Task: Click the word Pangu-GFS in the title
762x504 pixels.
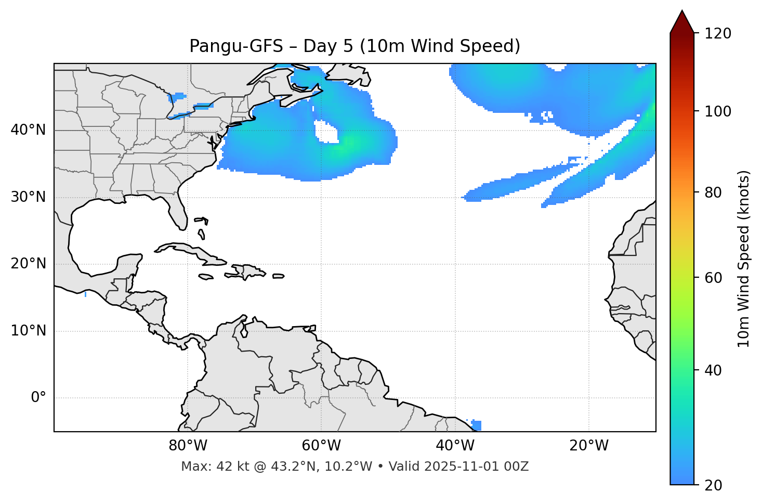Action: [236, 46]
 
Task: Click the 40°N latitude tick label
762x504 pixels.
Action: [28, 130]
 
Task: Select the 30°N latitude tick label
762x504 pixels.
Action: [28, 197]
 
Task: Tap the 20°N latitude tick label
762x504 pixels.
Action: [28, 264]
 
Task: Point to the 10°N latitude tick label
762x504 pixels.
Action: [28, 331]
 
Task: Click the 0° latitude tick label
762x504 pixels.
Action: [38, 398]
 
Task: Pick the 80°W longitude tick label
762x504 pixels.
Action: [188, 446]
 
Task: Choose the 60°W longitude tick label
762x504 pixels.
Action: [321, 446]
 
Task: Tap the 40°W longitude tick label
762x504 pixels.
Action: [455, 446]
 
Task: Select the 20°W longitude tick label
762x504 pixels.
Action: [588, 446]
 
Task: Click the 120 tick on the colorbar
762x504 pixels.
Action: [718, 33]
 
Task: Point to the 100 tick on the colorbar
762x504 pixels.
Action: [718, 111]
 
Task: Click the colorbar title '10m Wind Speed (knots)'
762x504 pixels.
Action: [744, 259]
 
